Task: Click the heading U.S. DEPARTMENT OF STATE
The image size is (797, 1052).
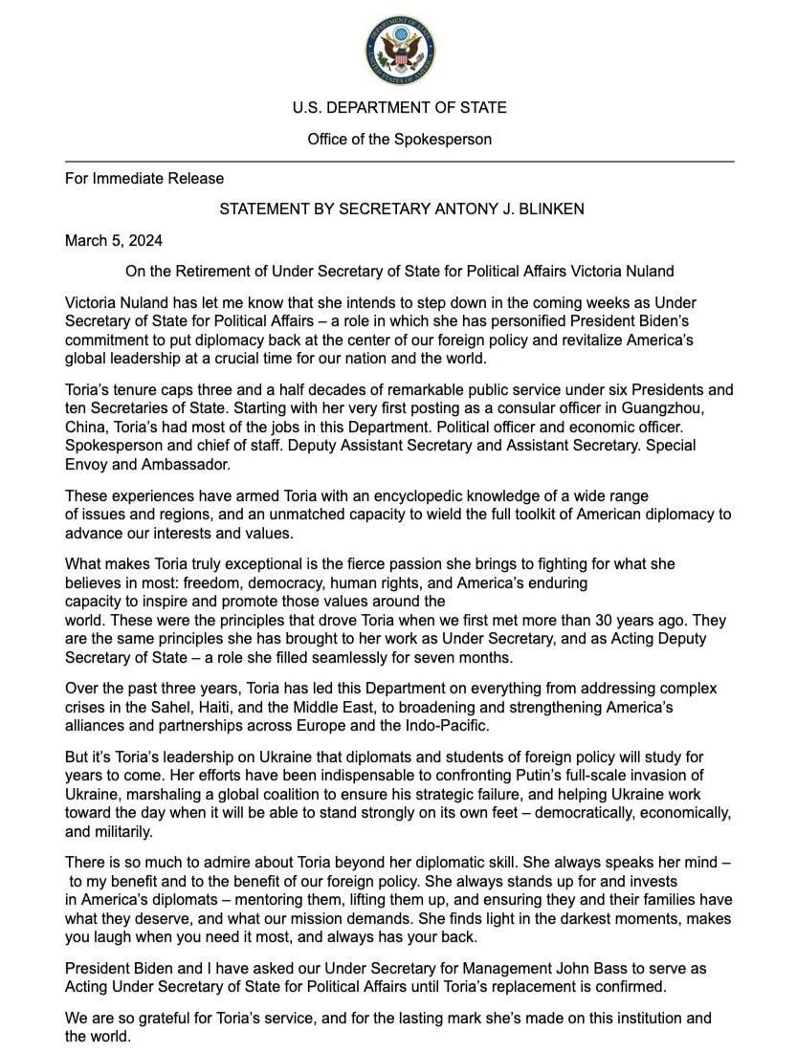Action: pos(399,108)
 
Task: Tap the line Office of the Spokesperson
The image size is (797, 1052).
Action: pos(399,140)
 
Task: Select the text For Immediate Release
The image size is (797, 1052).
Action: pos(144,178)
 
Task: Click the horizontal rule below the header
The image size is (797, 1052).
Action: pos(399,162)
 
